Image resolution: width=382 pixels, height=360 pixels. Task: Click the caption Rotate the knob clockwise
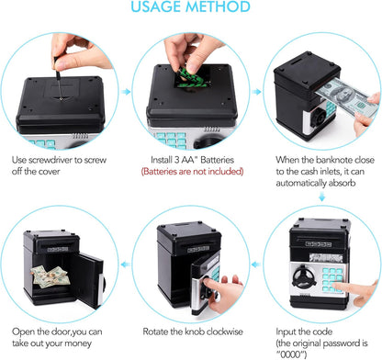pos(190,330)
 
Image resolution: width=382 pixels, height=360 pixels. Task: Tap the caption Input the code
pos(321,330)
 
